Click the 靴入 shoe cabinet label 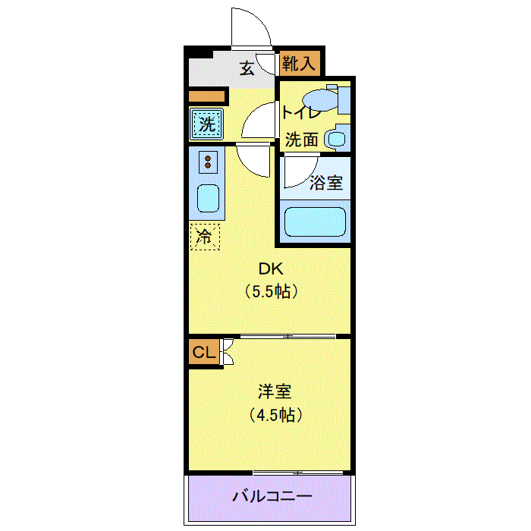tap(299, 63)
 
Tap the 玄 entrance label tap(247, 68)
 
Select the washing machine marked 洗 tap(206, 124)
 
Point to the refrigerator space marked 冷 tap(205, 237)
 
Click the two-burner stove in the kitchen tap(208, 162)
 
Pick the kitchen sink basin tap(209, 199)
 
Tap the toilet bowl tap(320, 99)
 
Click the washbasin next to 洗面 tap(336, 139)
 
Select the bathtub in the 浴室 tap(315, 222)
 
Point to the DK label tap(271, 269)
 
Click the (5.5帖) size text tap(271, 291)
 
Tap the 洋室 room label tap(275, 391)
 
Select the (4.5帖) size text tap(275, 414)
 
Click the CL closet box tap(204, 352)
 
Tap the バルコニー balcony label tap(272, 496)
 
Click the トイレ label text tap(300, 112)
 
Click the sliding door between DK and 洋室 tap(287, 336)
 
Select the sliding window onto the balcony tap(298, 473)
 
